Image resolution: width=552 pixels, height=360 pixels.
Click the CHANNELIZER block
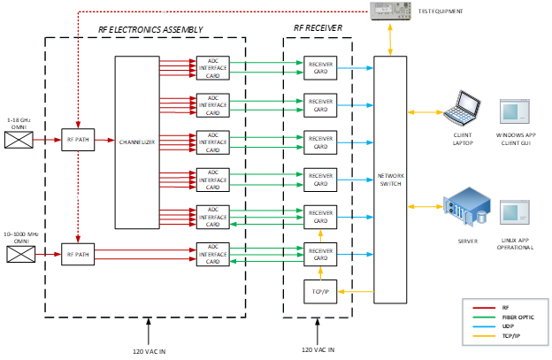pos(137,142)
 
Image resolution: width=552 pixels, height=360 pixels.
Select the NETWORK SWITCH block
pos(390,180)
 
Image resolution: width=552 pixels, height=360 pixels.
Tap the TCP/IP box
pos(320,291)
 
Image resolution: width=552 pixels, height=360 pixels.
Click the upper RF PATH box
pos(78,139)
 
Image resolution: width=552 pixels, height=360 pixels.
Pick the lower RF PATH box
pos(78,255)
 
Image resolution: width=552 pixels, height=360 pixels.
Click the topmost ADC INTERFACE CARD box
pos(212,67)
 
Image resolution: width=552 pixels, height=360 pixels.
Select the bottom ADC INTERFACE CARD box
pos(212,255)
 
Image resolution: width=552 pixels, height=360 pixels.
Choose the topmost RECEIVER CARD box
pos(320,68)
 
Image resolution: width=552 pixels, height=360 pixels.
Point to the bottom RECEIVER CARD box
pos(320,255)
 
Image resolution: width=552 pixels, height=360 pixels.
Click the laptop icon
pos(463,107)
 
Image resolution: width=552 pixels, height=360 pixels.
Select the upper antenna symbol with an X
pos(18,139)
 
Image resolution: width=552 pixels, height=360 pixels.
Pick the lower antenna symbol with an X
pos(20,255)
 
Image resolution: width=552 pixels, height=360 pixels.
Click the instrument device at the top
pos(390,11)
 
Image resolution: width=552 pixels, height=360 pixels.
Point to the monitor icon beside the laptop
pos(515,111)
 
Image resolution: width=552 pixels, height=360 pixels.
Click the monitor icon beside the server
pos(515,211)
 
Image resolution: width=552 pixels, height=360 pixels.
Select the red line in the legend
pos(485,309)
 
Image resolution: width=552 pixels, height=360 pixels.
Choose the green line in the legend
pos(485,318)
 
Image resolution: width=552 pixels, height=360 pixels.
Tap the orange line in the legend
pos(485,336)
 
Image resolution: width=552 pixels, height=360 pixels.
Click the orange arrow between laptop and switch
pos(425,112)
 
